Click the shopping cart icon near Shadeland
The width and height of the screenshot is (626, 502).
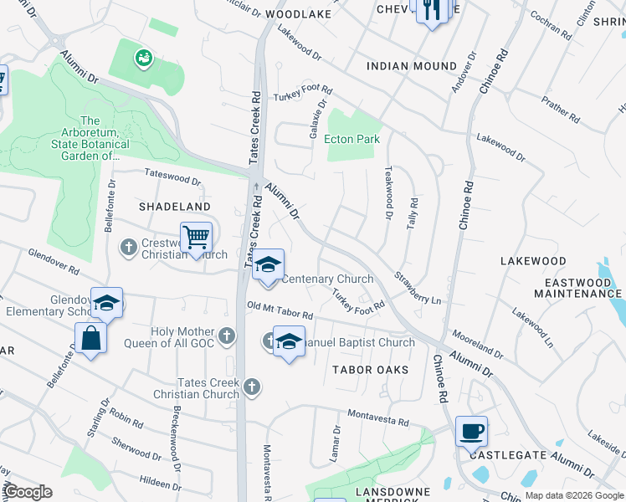click(x=196, y=237)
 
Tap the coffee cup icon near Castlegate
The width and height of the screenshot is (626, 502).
click(x=471, y=431)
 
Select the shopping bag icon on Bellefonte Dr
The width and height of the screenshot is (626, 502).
click(x=90, y=339)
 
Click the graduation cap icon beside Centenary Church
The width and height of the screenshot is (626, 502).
click(x=268, y=265)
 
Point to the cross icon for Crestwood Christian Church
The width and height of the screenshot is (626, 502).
click(x=128, y=247)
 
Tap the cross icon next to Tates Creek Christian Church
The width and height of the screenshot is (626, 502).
click(x=252, y=387)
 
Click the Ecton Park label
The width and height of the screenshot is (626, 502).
click(x=351, y=139)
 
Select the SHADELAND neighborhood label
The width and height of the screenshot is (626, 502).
click(x=174, y=207)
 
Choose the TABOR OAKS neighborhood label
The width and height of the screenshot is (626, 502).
click(x=370, y=370)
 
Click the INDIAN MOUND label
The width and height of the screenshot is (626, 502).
click(x=412, y=66)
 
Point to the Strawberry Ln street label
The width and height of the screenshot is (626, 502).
click(x=418, y=287)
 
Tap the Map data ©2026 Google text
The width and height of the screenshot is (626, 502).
click(x=573, y=495)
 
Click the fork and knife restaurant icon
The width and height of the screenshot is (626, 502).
click(x=431, y=10)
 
